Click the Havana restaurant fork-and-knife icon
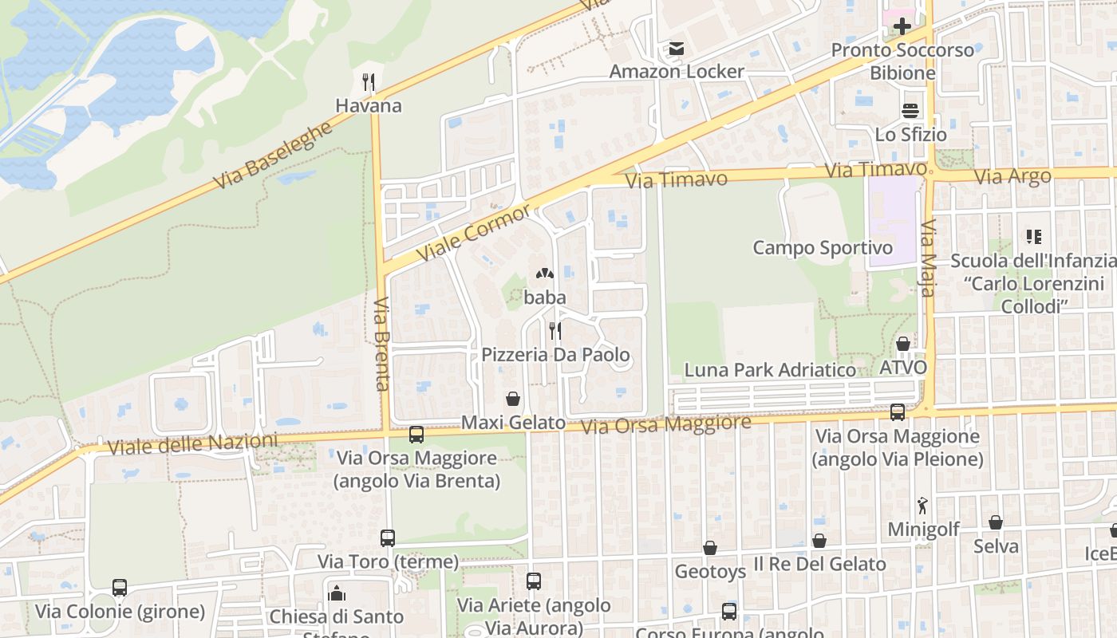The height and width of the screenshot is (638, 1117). pos(368,82)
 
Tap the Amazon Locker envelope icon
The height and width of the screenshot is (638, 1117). pos(677,49)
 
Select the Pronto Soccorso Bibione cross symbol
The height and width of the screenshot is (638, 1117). pos(902,26)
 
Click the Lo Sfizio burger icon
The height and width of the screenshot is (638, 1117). pos(910,111)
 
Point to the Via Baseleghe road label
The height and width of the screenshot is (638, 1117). pos(272,156)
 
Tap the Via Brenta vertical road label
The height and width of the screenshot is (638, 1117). pos(382,344)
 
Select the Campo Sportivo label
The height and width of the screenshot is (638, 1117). pos(823,248)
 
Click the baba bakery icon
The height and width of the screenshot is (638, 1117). pos(545,274)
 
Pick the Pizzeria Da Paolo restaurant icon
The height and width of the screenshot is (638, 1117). pos(555,330)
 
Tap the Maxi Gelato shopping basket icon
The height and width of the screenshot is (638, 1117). pos(513,399)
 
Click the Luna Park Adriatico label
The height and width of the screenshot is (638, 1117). pos(770,370)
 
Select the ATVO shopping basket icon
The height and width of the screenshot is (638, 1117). pos(903,344)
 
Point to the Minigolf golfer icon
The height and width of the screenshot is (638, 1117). pos(923,506)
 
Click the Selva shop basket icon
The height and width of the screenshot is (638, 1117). pos(996,522)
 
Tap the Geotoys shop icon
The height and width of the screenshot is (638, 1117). pos(710,548)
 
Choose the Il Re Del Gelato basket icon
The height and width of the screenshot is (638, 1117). pos(819,541)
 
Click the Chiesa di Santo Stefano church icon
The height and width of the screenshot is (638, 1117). pos(337,593)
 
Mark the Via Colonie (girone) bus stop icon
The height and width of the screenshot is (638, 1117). pos(120,588)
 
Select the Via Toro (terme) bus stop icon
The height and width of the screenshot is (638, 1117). pos(388,538)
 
